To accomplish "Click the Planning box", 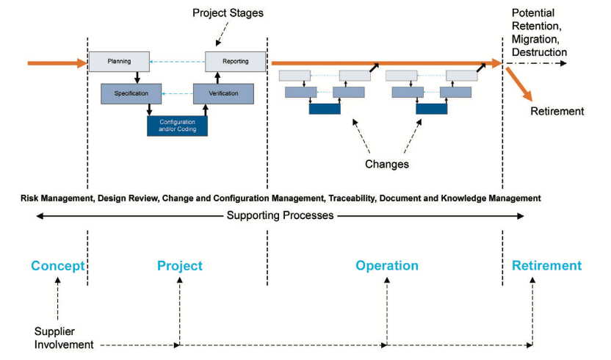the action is point(119,62).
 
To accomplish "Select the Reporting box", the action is point(235,62).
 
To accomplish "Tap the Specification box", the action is point(131,93).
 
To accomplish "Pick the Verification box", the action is point(223,93).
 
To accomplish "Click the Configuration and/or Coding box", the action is point(177,126).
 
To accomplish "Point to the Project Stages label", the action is point(228,13).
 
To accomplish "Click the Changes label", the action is point(387,164).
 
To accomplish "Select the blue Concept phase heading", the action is point(58,266).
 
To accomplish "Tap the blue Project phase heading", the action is point(180,266).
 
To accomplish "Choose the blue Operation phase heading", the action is point(387,266).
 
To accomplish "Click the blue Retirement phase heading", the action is point(546,266).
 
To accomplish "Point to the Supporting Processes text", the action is point(281,215).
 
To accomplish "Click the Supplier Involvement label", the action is point(64,338).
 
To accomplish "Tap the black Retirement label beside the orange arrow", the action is point(557,111).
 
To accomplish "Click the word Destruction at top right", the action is point(539,52).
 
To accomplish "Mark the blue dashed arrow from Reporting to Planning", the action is point(177,62).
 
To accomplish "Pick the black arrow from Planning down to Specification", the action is point(137,78).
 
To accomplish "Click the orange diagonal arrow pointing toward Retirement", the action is point(519,84).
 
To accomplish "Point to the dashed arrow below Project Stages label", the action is point(222,34).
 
